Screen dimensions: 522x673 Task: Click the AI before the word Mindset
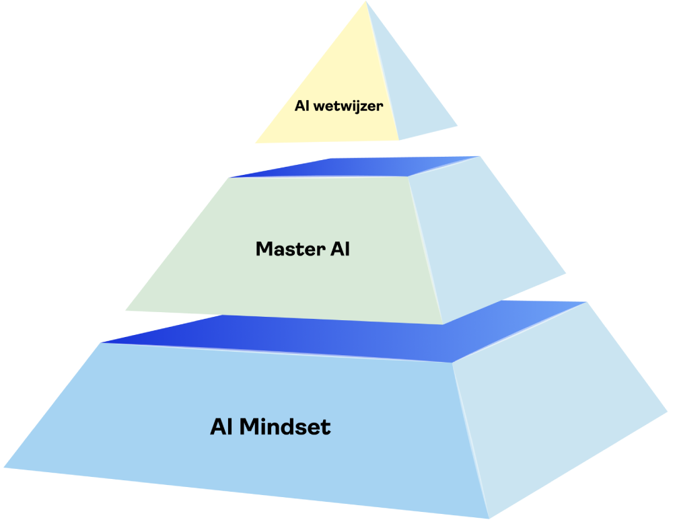(221, 426)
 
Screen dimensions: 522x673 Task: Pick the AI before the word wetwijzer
(302, 106)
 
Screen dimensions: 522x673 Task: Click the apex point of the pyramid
(367, 2)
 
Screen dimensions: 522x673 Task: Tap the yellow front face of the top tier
(336, 81)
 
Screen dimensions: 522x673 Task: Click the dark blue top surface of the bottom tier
(336, 336)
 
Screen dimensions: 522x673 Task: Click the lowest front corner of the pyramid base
(488, 518)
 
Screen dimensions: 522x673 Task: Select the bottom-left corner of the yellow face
(255, 143)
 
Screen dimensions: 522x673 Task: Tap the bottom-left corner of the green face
(126, 310)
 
